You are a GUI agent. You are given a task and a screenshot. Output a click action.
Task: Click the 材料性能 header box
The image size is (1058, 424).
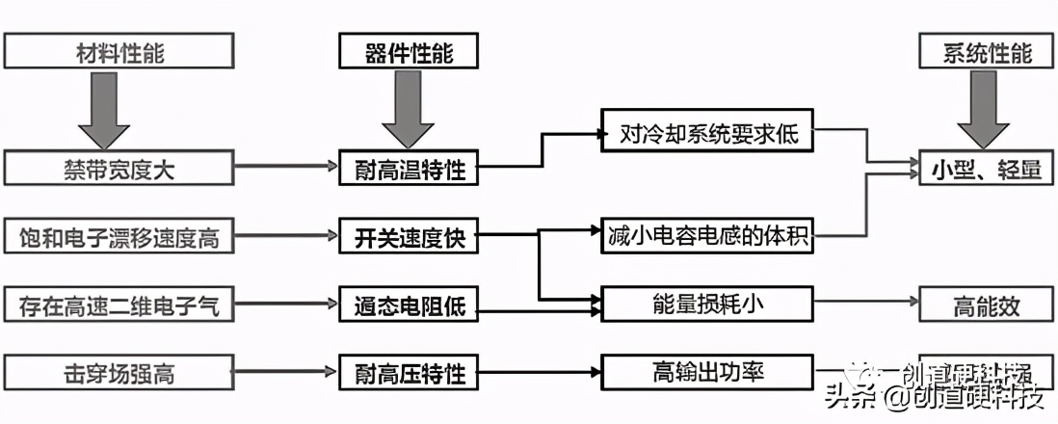(x=119, y=51)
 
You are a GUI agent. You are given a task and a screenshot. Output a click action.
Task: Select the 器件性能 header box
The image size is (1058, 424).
(x=409, y=51)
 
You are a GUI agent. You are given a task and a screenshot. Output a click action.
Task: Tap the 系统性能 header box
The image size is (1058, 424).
(x=986, y=51)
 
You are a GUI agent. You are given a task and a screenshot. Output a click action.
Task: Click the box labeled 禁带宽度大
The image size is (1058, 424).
(x=119, y=170)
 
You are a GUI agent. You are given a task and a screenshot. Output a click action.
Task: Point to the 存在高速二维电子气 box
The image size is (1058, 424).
(x=119, y=306)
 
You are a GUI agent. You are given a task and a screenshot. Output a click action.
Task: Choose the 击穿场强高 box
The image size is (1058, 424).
(x=119, y=372)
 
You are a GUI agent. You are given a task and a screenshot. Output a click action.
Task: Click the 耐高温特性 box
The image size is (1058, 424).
(x=409, y=170)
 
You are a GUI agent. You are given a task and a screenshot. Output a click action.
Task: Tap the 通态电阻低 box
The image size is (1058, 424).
(x=409, y=306)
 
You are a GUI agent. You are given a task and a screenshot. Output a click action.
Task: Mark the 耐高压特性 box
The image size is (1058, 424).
(x=409, y=372)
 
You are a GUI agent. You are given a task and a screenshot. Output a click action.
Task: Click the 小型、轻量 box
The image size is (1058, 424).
(x=986, y=170)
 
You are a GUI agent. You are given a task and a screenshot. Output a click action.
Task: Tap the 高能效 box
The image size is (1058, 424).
(x=986, y=306)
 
